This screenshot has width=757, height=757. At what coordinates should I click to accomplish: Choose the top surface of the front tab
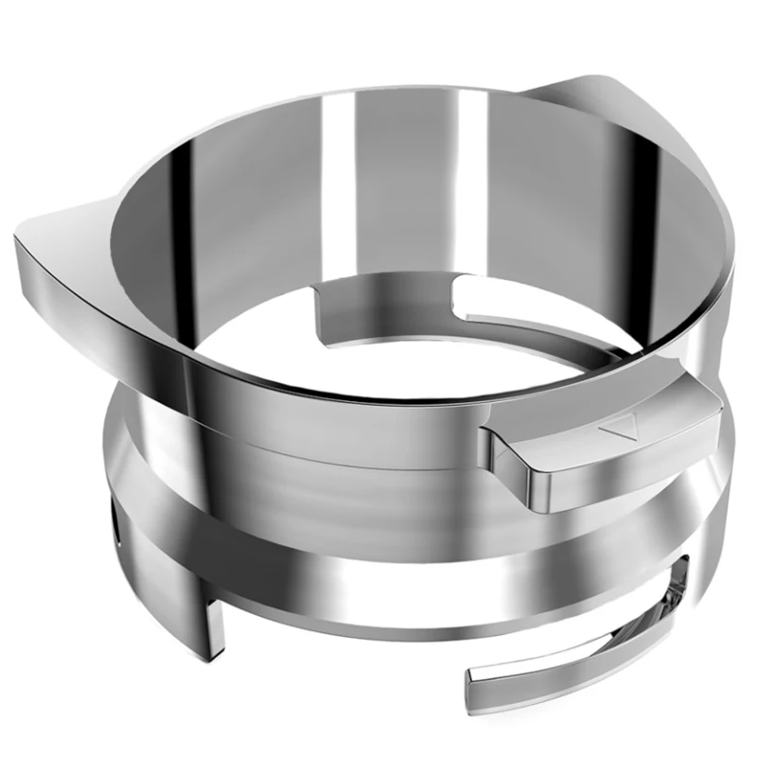tap(606, 416)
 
